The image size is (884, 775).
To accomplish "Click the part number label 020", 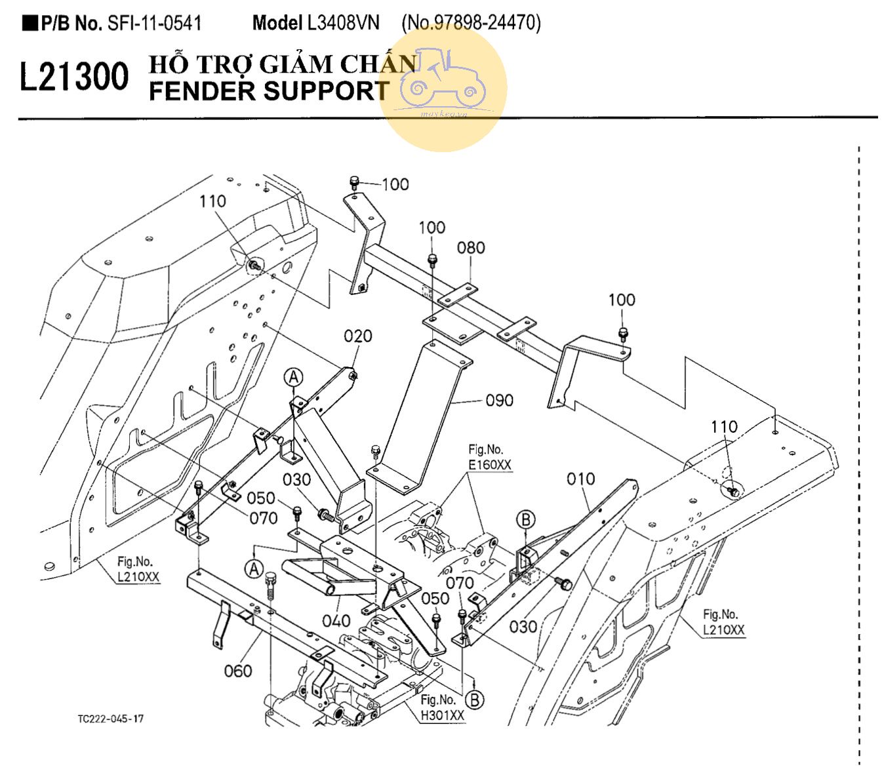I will (x=357, y=336).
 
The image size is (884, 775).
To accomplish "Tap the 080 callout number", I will (x=471, y=248).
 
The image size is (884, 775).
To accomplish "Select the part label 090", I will (x=499, y=400).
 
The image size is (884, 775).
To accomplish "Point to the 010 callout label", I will (x=580, y=479).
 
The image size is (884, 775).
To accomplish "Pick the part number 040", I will (x=336, y=621).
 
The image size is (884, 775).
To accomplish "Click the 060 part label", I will (x=237, y=670).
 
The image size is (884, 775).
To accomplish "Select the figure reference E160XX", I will (x=490, y=465).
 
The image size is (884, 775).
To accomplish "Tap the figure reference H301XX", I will (x=443, y=715).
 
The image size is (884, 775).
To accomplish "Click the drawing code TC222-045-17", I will (x=110, y=719).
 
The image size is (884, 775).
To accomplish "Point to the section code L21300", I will (x=74, y=77).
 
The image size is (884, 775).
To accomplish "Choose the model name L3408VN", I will (x=343, y=24).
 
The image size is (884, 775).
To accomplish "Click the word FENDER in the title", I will (x=202, y=91).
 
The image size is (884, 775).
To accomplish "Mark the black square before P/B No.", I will (x=30, y=24).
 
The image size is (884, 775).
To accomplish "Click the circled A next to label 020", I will (x=294, y=377).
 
